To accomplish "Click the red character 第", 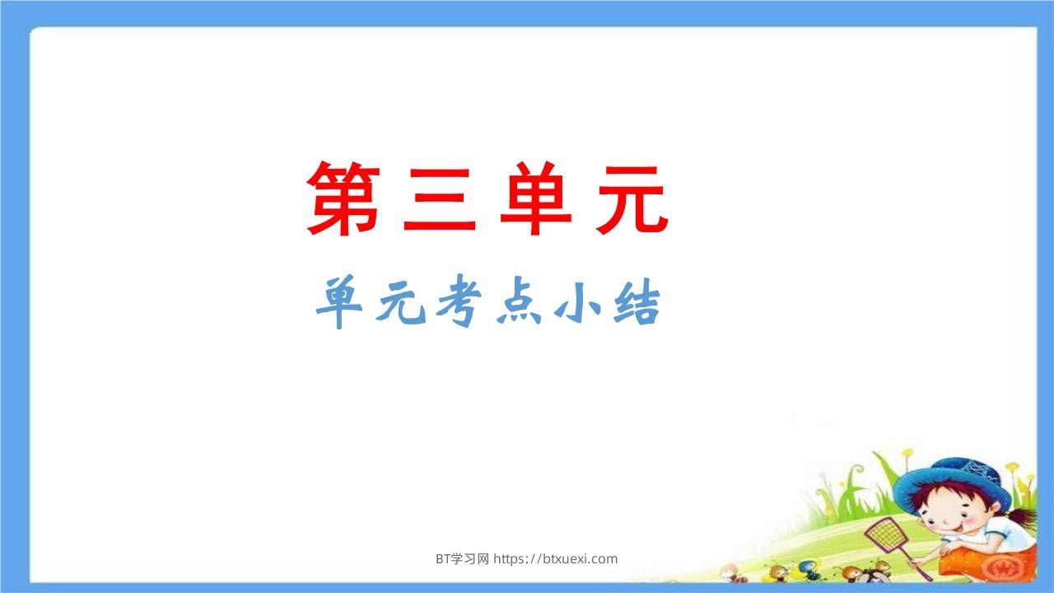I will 343,199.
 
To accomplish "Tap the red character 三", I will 440,199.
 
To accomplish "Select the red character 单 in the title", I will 535,199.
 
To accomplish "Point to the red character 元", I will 631,199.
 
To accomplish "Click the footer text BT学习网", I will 462,558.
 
